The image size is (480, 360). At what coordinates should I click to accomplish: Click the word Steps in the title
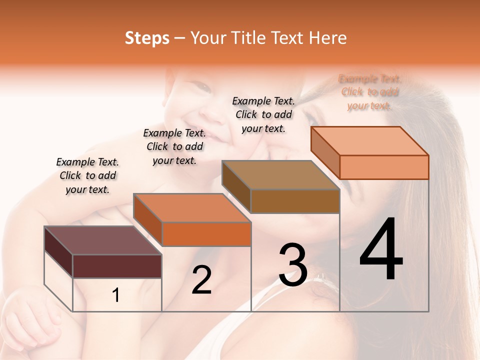click(147, 38)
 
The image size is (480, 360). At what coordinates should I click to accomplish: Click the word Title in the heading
click(248, 38)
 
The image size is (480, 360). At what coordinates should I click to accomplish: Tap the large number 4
click(381, 250)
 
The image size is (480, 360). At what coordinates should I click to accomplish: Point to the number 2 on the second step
click(201, 280)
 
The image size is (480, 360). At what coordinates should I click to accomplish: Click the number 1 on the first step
click(116, 295)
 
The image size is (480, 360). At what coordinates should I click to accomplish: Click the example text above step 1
click(87, 175)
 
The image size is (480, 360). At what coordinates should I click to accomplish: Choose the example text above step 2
click(174, 146)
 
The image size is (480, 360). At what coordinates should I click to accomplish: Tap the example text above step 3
click(263, 114)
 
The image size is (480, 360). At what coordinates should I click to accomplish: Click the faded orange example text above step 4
click(370, 92)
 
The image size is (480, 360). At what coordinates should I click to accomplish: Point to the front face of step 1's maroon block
click(117, 266)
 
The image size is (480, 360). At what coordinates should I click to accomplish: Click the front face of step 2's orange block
click(206, 234)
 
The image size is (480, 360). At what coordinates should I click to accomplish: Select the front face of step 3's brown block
click(295, 201)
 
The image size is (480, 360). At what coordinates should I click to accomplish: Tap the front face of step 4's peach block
click(384, 167)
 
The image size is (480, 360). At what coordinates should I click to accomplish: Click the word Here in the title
click(327, 38)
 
